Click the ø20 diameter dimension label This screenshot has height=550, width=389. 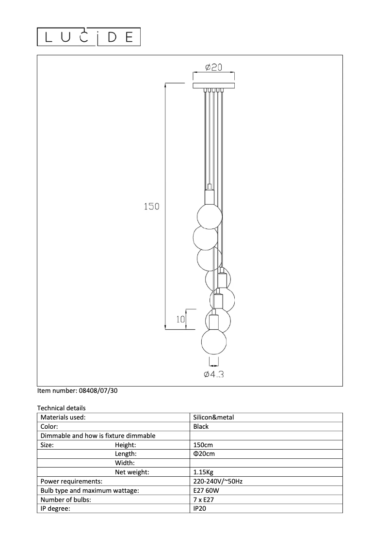pos(213,67)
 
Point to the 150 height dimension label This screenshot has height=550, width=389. pos(151,206)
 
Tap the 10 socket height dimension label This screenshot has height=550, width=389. pos(181,319)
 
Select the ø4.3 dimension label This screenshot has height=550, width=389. pos(214,374)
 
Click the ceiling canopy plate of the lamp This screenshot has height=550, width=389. pos(213,86)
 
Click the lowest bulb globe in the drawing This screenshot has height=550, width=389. pos(214,342)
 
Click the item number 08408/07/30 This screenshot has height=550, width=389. pos(77,390)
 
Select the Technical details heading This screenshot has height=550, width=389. pos(61,408)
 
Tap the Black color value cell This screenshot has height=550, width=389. pos(201,426)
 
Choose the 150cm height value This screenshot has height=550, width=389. pos(203,445)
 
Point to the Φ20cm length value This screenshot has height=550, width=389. pos(204,454)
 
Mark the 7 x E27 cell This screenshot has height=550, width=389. pos(204,499)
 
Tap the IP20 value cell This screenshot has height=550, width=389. pos(200,508)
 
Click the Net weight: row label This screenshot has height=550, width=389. pos(132,472)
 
